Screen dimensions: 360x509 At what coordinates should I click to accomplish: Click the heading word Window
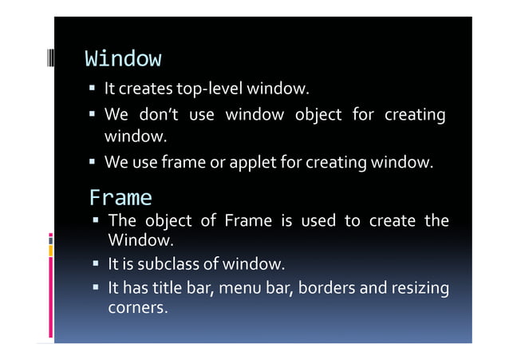[x=123, y=59]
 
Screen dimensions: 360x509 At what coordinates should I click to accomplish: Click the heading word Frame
[x=120, y=197]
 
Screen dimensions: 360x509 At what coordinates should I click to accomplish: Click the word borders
[x=327, y=287]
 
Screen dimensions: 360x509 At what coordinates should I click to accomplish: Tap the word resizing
[x=419, y=288]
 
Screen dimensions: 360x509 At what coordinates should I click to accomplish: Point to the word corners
[x=137, y=307]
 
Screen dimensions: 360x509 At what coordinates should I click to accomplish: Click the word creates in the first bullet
[x=146, y=88]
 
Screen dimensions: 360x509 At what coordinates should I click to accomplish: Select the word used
[x=318, y=221]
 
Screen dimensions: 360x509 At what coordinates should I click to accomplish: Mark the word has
[x=136, y=287]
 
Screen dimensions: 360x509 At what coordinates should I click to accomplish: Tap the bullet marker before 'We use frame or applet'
[x=93, y=164]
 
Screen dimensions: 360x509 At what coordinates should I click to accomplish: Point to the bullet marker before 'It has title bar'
[x=96, y=287]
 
